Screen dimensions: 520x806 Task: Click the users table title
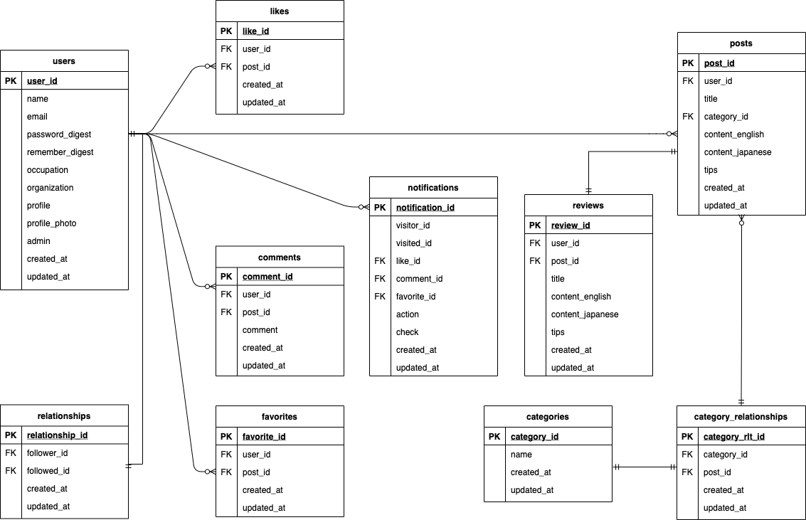(x=64, y=61)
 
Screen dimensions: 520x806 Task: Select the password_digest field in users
(x=59, y=134)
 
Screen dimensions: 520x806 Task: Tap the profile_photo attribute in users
(x=51, y=223)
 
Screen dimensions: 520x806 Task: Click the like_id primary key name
(x=255, y=31)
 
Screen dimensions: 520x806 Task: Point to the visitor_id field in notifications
(x=413, y=225)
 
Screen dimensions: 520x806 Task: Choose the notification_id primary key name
(x=425, y=208)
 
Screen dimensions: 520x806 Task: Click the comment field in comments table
(x=260, y=330)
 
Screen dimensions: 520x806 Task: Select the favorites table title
(x=280, y=417)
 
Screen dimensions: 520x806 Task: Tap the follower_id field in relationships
(x=47, y=453)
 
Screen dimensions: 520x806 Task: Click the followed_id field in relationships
(x=48, y=471)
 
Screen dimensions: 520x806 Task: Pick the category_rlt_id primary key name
(x=734, y=437)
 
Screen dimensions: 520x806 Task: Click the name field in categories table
(x=521, y=455)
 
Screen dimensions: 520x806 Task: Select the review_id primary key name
(x=571, y=225)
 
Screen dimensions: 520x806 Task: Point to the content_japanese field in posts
(x=738, y=152)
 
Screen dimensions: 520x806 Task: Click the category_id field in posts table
(x=726, y=117)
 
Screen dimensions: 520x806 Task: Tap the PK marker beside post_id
(x=687, y=63)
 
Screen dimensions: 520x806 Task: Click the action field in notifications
(x=408, y=314)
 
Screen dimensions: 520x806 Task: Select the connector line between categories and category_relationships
(x=645, y=467)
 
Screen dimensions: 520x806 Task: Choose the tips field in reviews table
(x=558, y=332)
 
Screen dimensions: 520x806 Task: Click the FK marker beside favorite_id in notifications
(x=380, y=297)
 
